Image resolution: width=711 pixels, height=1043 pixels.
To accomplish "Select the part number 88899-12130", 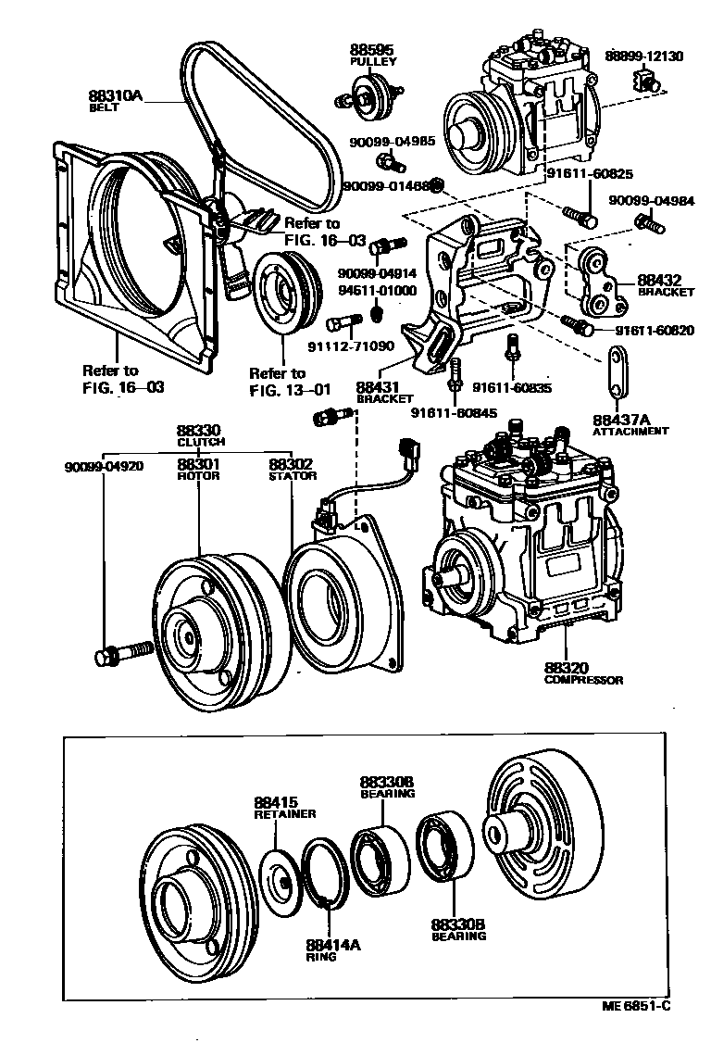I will click(645, 56).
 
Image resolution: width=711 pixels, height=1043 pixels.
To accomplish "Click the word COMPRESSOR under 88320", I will click(583, 680).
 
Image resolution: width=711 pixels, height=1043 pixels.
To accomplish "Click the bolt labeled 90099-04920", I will click(120, 655).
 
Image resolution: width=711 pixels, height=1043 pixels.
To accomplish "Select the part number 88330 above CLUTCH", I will click(199, 431).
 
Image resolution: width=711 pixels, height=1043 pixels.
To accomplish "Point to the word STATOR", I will click(293, 476).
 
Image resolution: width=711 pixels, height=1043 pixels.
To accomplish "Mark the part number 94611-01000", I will click(378, 290).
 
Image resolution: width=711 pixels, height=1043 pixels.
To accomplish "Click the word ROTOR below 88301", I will click(199, 476).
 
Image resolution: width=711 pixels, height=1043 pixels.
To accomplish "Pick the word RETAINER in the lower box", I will click(285, 813).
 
